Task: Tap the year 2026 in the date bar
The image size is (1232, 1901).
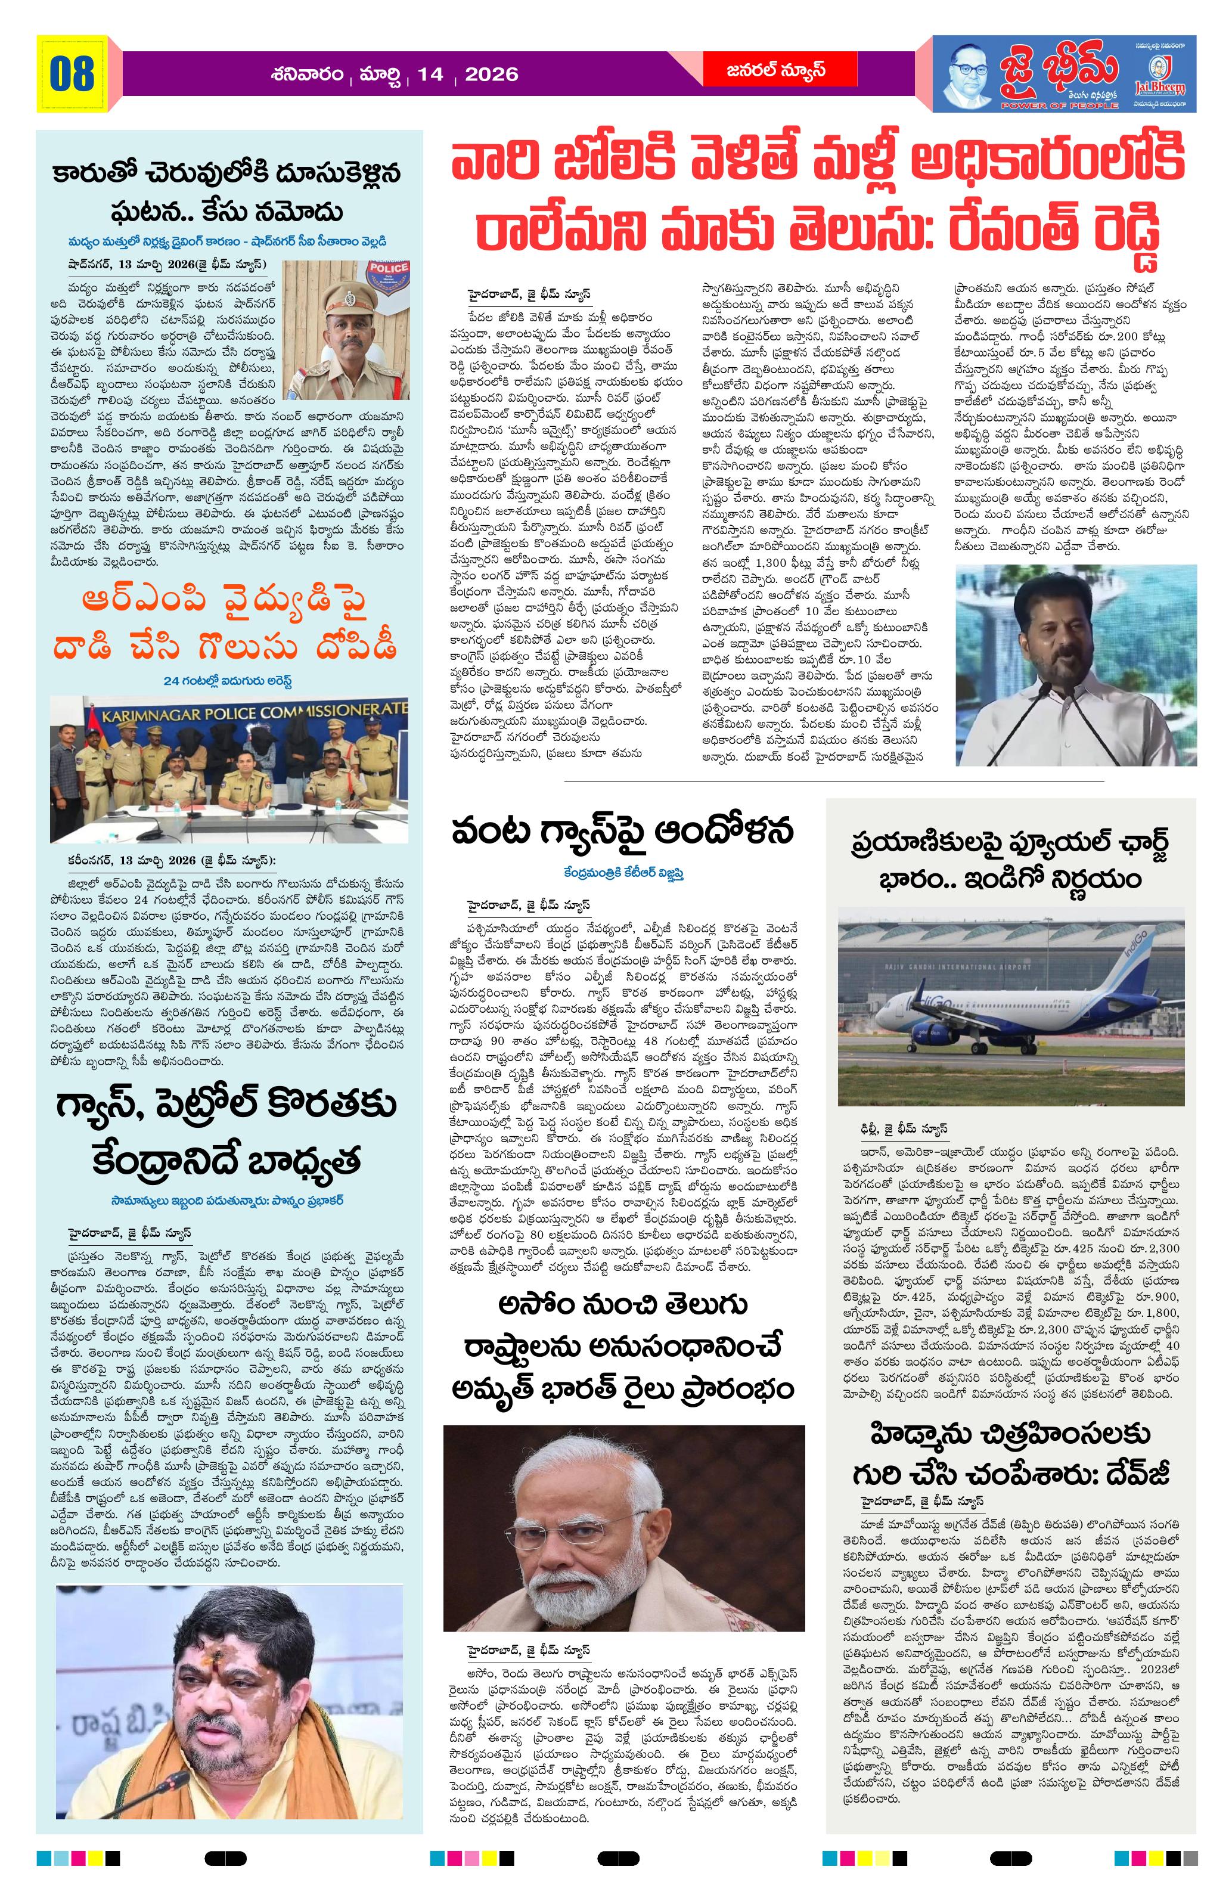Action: click(x=491, y=75)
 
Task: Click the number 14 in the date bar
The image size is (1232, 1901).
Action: click(x=430, y=75)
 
